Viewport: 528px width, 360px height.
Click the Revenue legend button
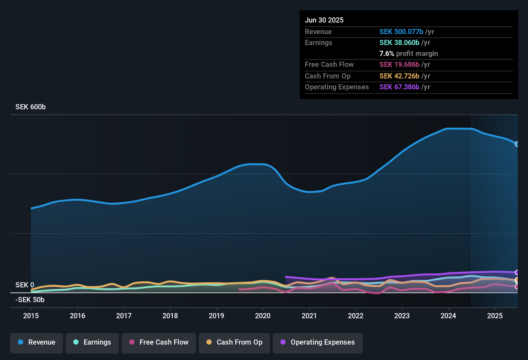tap(37, 342)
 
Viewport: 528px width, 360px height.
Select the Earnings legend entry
tap(92, 342)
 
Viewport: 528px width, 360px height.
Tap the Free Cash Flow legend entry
tap(159, 342)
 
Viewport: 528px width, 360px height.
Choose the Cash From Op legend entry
tap(234, 342)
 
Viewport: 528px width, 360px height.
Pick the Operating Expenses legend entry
tap(318, 342)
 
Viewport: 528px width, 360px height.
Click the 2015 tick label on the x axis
tap(31, 316)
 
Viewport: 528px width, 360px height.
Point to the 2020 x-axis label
tap(263, 316)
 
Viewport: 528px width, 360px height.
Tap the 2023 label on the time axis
tap(402, 316)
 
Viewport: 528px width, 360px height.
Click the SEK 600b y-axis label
tap(31, 107)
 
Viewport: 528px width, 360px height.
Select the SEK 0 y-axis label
tap(25, 285)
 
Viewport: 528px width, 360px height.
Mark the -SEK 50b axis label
tap(30, 300)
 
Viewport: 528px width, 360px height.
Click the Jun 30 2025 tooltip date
tap(324, 20)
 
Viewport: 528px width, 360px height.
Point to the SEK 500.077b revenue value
tap(401, 32)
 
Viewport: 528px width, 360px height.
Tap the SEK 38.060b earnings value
tap(399, 43)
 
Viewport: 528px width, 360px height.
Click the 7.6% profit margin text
tap(408, 54)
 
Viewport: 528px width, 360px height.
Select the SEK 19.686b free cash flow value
tap(399, 65)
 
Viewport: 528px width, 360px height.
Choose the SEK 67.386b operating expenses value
tap(399, 87)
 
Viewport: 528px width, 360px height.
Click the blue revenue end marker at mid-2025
tap(517, 144)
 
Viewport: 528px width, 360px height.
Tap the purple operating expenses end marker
tap(517, 273)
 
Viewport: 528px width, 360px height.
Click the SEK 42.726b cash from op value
tap(399, 76)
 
